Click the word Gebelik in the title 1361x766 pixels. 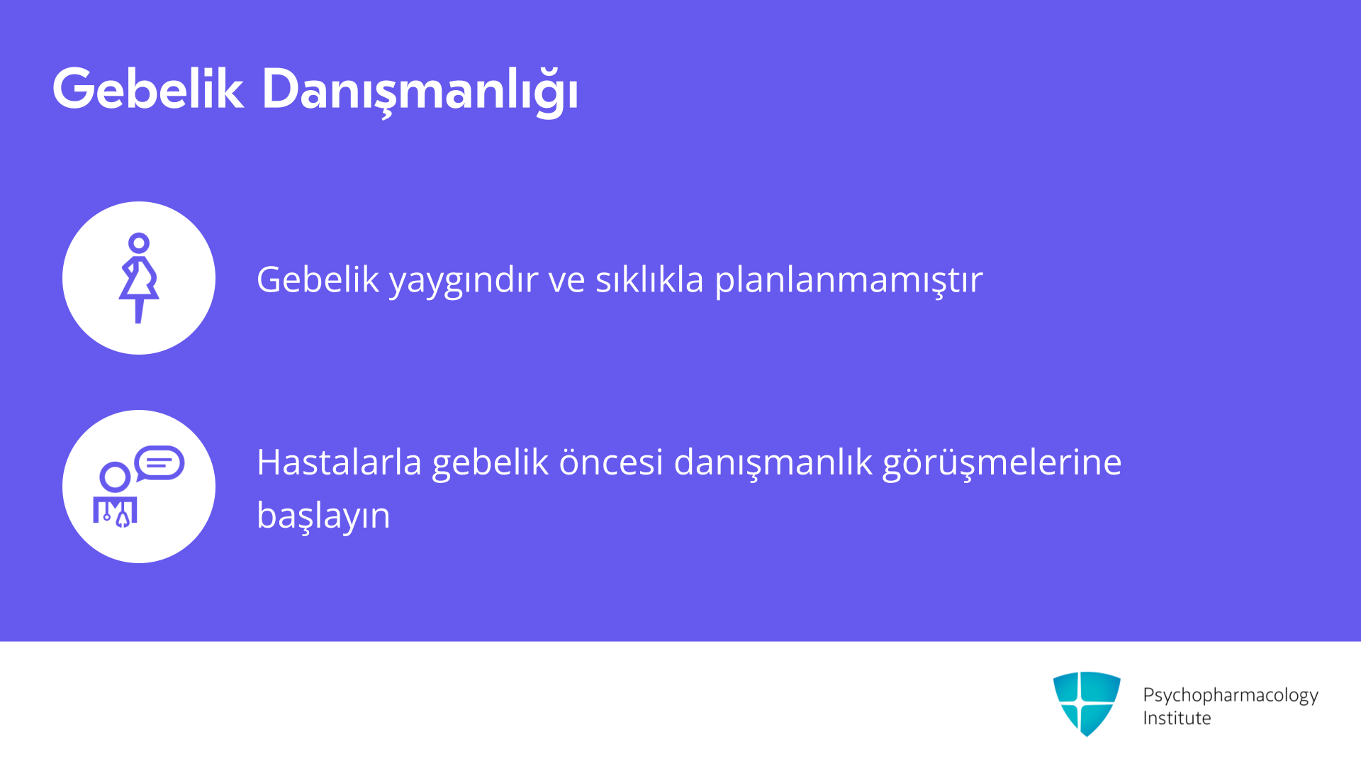pyautogui.click(x=148, y=89)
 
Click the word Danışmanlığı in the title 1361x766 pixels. pyautogui.click(x=420, y=91)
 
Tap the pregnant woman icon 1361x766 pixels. pyautogui.click(x=139, y=278)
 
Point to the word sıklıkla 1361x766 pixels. pyautogui.click(x=649, y=279)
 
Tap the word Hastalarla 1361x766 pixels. pyautogui.click(x=340, y=462)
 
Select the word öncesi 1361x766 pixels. pyautogui.click(x=611, y=462)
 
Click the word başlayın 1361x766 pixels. pyautogui.click(x=323, y=516)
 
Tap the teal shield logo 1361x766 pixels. pyautogui.click(x=1087, y=704)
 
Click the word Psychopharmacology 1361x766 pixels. pyautogui.click(x=1231, y=696)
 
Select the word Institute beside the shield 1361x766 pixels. pyautogui.click(x=1177, y=718)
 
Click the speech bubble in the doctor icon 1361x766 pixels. pyautogui.click(x=159, y=463)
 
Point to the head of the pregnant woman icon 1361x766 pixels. pyautogui.click(x=139, y=243)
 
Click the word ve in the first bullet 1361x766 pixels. pyautogui.click(x=567, y=281)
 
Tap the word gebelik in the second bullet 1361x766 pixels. pyautogui.click(x=491, y=463)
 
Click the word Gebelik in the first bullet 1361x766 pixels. pyautogui.click(x=318, y=279)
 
